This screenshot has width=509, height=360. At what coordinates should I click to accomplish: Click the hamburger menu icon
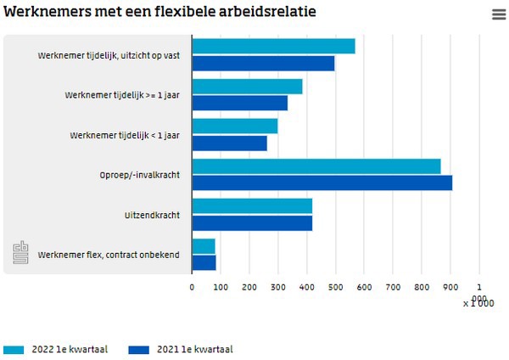coord(498,14)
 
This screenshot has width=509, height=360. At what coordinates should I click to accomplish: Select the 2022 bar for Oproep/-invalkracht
coord(316,166)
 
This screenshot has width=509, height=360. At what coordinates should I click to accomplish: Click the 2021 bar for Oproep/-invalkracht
coord(322,183)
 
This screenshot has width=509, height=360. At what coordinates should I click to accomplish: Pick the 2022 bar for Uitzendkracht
coord(252,206)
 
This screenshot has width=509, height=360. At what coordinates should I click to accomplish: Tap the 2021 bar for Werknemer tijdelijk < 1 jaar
coord(230,143)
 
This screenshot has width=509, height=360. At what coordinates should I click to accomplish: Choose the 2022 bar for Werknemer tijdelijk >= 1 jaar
coord(247,87)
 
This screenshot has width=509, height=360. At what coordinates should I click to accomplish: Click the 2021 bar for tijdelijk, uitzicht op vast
coord(263,63)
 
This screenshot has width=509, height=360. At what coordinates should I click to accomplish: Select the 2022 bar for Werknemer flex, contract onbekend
coord(204,246)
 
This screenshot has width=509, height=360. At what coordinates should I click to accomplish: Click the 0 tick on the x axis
coord(193,288)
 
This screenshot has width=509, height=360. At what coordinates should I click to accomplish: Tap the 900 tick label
coord(451,288)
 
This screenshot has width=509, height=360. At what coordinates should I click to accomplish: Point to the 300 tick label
coord(278,288)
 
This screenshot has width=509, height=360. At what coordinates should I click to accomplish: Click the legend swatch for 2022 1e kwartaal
coord(14,349)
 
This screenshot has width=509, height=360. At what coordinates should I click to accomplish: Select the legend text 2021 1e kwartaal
coord(194,349)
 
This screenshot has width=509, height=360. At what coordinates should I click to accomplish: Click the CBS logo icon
coord(20,253)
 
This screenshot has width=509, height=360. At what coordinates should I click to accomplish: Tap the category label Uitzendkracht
coord(152,215)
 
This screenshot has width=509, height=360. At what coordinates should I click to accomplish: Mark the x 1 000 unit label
coord(478,303)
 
